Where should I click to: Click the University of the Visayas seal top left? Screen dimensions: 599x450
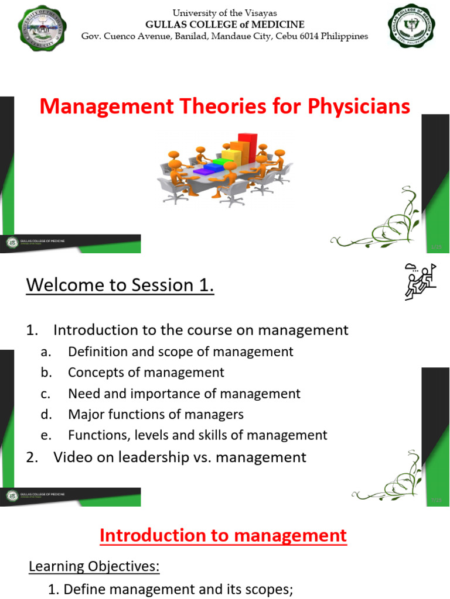[x=35, y=25]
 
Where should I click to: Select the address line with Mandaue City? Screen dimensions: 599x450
[x=224, y=36]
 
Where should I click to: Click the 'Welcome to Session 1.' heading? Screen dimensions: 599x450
[x=120, y=285]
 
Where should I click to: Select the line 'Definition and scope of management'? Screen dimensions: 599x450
[x=180, y=352]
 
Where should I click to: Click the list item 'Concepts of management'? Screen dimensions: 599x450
[x=146, y=373]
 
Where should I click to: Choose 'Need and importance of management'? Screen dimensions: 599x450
[x=184, y=394]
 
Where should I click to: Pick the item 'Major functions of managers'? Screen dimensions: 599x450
[x=155, y=415]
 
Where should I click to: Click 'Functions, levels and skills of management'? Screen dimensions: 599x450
[x=197, y=435]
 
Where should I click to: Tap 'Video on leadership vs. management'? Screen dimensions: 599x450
[x=180, y=457]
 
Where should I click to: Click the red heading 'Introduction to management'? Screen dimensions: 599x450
[x=223, y=535]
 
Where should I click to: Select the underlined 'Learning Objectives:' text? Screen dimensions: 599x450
[x=94, y=566]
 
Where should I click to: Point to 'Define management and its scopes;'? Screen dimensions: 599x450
[x=178, y=589]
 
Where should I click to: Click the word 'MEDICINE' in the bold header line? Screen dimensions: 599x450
[x=275, y=25]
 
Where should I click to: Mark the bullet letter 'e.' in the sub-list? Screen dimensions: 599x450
[x=46, y=436]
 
